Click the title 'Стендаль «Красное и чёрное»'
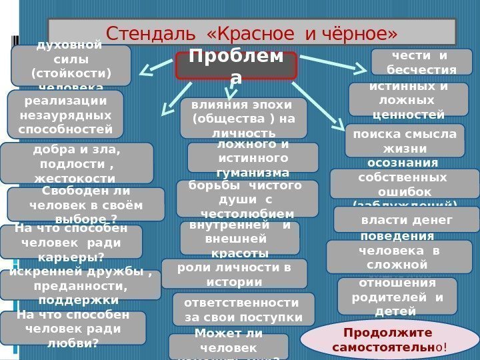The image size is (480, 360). pyautogui.click(x=252, y=32)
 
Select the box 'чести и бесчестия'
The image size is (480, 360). pyautogui.click(x=421, y=62)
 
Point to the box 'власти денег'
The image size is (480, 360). pyautogui.click(x=406, y=219)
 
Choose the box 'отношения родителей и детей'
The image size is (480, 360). pyautogui.click(x=397, y=296)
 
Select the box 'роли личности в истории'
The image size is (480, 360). pyautogui.click(x=234, y=274)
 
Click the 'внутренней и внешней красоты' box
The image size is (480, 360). pyautogui.click(x=239, y=238)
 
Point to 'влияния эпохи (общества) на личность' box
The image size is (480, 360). pyautogui.click(x=243, y=117)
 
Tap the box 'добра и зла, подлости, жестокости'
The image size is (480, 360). pyautogui.click(x=76, y=163)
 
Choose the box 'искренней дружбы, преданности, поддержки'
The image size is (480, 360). pyautogui.click(x=80, y=285)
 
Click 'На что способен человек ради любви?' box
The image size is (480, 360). pyautogui.click(x=73, y=328)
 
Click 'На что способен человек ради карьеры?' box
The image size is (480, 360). pyautogui.click(x=71, y=241)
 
